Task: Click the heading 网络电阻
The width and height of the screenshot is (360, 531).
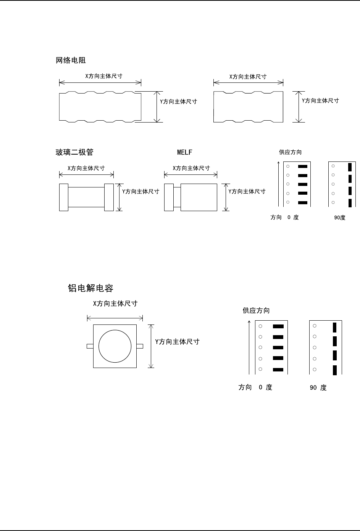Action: point(71,60)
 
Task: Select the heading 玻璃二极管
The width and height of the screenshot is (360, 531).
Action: point(75,152)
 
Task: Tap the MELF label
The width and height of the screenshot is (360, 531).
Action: point(184,152)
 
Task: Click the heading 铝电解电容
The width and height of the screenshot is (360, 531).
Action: point(90,288)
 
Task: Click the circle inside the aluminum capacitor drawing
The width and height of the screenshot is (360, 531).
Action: point(115,346)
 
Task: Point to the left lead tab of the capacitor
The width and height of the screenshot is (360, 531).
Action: point(90,346)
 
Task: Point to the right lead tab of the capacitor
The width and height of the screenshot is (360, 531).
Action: point(140,346)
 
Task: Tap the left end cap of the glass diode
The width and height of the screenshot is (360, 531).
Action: point(64,197)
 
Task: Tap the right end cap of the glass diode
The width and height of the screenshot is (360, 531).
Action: point(109,197)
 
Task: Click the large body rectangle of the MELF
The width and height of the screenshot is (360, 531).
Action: point(199,197)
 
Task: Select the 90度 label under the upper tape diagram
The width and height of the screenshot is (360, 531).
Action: point(340,218)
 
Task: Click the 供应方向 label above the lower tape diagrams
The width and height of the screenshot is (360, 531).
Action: point(256,310)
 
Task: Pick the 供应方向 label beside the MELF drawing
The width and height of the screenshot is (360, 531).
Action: point(290,152)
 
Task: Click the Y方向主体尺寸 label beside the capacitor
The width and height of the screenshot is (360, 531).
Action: point(177,342)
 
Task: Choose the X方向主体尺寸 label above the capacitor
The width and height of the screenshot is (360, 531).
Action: point(115,303)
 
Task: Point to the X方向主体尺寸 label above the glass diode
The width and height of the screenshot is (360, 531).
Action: point(86,168)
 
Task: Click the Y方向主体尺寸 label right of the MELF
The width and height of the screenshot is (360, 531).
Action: point(247,191)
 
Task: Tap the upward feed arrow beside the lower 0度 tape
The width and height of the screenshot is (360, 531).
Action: point(249,347)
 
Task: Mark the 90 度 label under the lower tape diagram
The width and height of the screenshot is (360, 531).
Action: point(318,387)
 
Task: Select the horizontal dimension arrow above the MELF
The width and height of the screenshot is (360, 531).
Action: point(190,175)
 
